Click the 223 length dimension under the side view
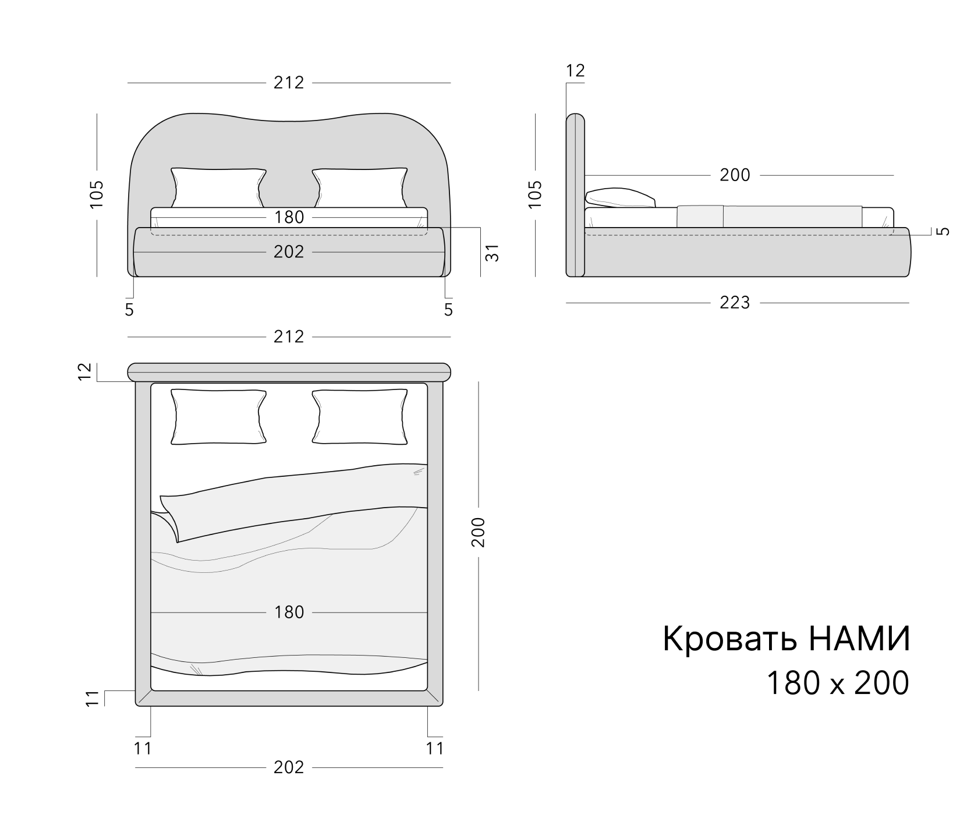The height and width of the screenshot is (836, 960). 735,303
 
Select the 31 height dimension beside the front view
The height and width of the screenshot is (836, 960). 493,253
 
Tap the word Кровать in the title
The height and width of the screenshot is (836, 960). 729,639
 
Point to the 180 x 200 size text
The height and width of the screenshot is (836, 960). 837,683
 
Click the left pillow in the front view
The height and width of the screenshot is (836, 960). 218,187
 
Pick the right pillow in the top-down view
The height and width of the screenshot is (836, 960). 359,417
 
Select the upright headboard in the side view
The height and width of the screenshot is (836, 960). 575,195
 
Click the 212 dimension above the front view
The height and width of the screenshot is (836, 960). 289,83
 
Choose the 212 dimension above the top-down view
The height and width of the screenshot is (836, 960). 289,336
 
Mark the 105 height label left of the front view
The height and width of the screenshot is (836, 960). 97,194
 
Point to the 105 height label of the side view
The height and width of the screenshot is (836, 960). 535,194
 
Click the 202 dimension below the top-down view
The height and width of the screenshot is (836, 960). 289,767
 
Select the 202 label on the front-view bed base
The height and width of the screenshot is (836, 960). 289,252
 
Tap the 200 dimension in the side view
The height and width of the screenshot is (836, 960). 735,175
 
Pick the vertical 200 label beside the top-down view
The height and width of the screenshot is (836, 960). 478,532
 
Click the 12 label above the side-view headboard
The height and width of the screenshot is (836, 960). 575,70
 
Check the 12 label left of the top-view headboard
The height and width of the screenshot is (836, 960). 85,371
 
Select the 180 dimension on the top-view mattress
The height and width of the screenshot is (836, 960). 289,612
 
